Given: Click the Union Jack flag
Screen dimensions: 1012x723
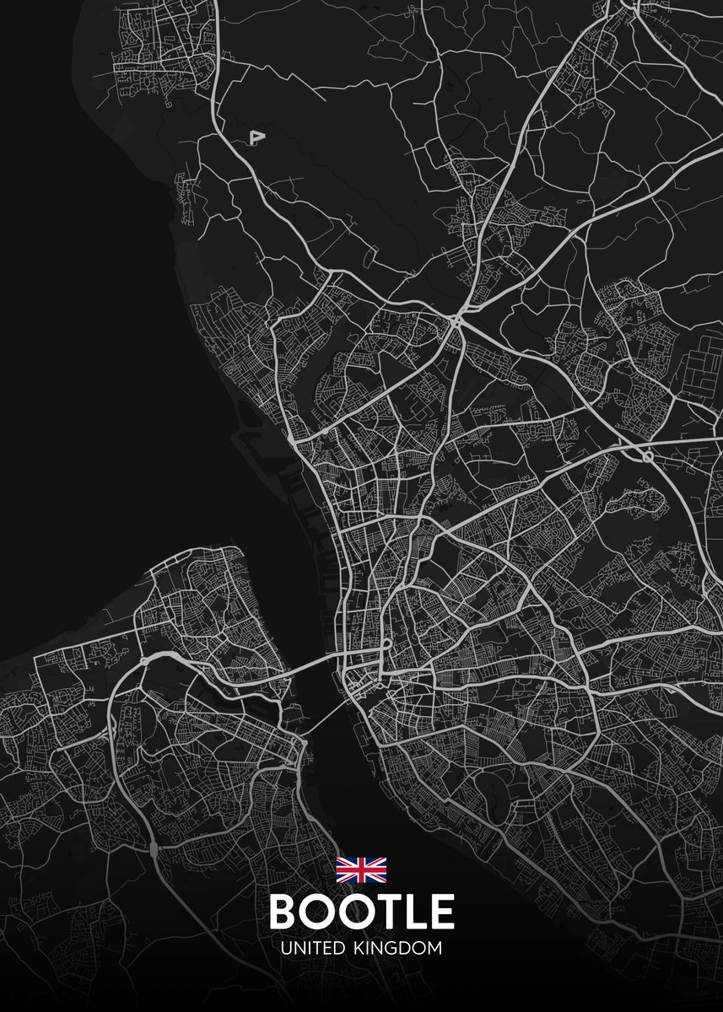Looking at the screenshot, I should point(361,869).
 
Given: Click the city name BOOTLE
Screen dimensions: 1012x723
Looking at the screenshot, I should point(361,912).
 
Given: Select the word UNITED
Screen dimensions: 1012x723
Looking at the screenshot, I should point(312,948).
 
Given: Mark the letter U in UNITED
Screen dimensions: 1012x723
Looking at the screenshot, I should point(286,948).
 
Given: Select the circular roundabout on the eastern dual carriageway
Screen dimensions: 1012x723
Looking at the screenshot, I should point(647,455).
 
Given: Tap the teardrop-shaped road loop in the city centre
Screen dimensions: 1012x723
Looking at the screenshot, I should point(385,645).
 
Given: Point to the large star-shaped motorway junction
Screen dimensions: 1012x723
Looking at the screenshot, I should point(458,321).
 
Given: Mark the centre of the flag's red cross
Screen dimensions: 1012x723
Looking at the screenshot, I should point(361,869).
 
